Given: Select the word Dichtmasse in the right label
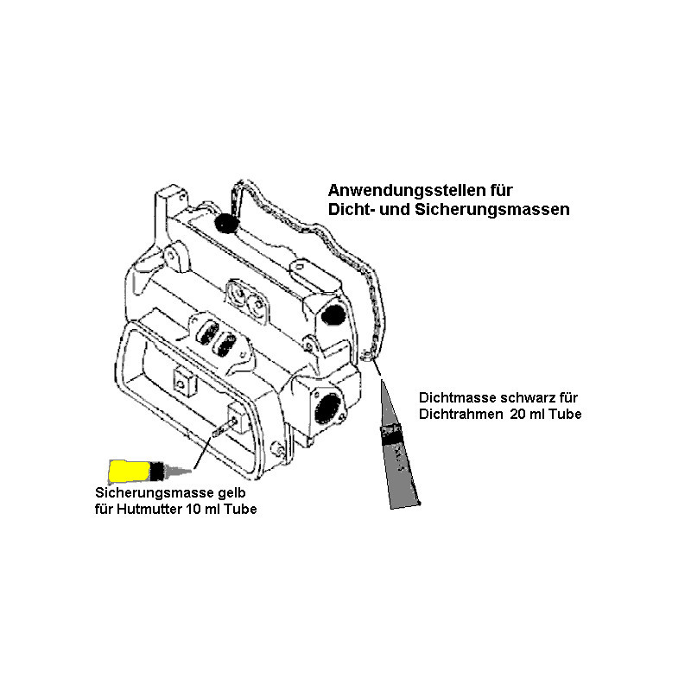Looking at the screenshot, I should tap(455, 398).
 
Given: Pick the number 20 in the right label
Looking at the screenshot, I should tap(518, 415).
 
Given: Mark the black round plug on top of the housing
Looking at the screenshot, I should tap(227, 224).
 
